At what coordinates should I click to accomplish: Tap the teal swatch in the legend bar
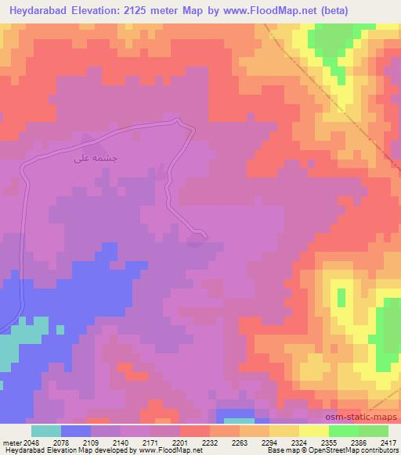(45, 431)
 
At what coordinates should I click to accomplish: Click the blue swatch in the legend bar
(75, 431)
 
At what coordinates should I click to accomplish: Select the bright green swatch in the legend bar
(343, 431)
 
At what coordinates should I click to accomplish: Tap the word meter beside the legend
(13, 442)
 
